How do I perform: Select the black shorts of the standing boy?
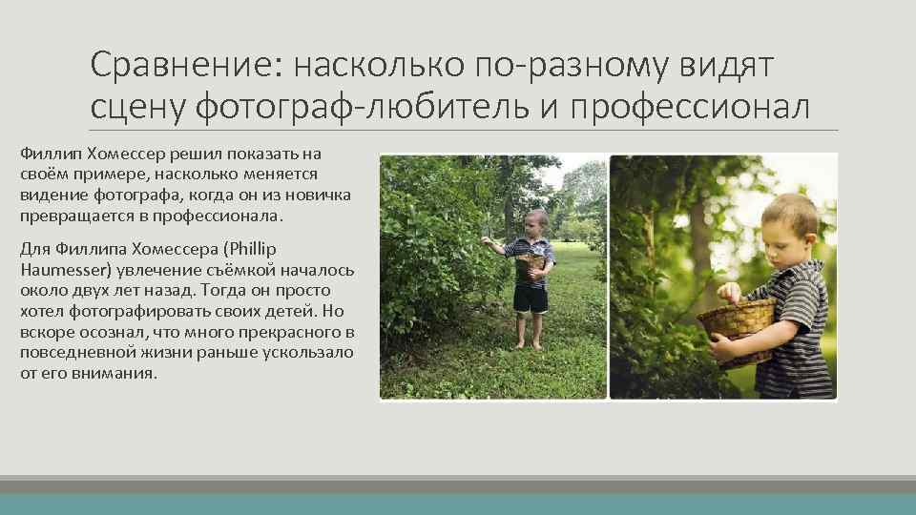click(x=531, y=299)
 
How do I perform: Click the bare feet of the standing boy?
click(x=529, y=344)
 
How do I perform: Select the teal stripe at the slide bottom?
click(x=458, y=504)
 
